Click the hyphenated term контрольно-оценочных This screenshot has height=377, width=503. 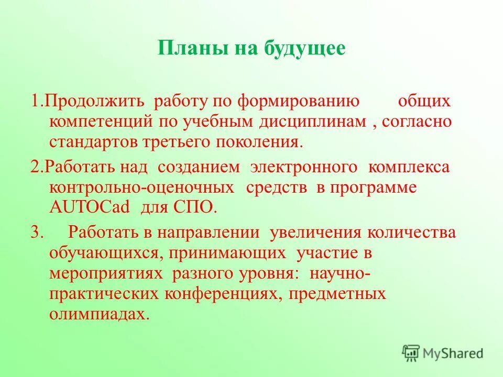coord(141,187)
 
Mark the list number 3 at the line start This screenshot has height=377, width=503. coord(36,232)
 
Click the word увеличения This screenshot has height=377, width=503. coord(314,232)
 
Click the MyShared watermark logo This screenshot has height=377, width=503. coord(443,352)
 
